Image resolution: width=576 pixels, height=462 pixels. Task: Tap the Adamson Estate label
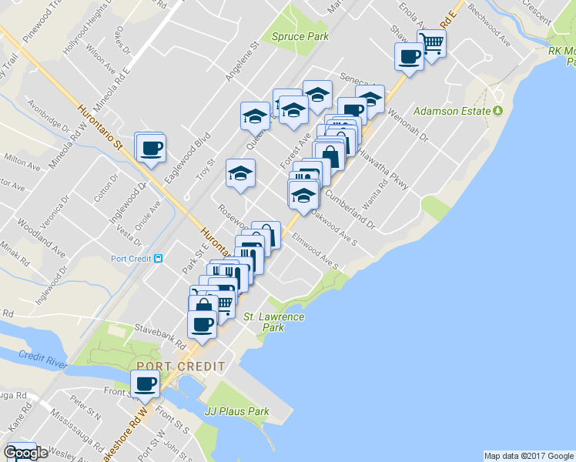[x=452, y=111]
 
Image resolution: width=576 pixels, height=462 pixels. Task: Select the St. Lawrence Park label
[x=274, y=322]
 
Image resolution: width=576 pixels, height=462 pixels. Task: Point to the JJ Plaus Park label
[x=237, y=411]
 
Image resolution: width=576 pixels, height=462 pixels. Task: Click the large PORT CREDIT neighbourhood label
[x=181, y=367]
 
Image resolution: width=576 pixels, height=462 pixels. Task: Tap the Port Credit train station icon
[x=159, y=259]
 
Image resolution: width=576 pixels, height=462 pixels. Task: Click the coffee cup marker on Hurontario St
[x=151, y=146]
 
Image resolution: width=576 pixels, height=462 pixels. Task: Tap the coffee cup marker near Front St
[x=145, y=383]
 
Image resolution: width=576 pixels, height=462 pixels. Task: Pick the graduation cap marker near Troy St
[x=240, y=173]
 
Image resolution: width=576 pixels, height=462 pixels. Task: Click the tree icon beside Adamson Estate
[x=498, y=111]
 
